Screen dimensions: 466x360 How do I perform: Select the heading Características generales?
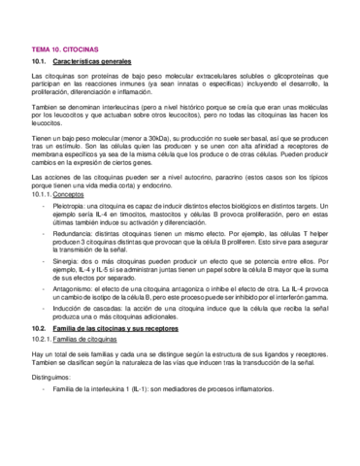(93, 61)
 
